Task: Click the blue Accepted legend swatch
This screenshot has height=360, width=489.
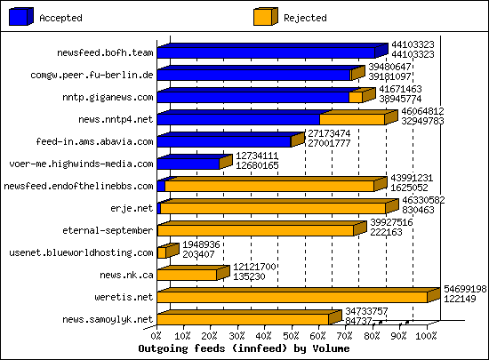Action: coord(20,16)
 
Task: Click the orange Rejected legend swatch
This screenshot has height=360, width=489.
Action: coord(264,16)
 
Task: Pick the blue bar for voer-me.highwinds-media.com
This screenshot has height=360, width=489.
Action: coord(188,164)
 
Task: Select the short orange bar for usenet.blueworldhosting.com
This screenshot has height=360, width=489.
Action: coord(161,252)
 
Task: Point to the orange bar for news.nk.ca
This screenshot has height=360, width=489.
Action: coord(187,275)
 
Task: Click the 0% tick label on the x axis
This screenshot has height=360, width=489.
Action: coord(157,336)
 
